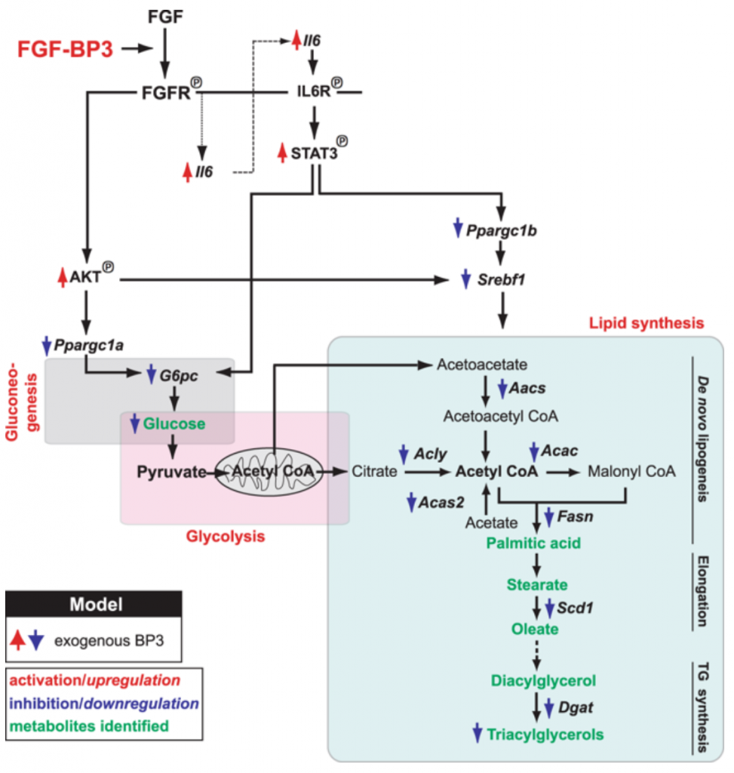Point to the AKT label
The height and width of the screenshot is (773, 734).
(85, 277)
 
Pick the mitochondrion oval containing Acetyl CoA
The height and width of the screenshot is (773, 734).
(269, 472)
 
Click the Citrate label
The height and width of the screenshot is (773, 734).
(374, 472)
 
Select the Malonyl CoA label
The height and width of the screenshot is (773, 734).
(632, 472)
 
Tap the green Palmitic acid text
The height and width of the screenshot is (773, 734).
(534, 541)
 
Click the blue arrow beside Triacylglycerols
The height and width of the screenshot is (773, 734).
(476, 732)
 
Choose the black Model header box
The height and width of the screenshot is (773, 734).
(94, 605)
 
